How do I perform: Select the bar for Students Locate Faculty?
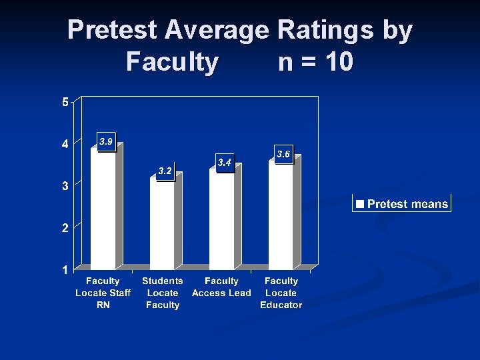click(162, 223)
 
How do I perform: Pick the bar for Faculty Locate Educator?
click(281, 214)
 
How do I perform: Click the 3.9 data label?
click(106, 142)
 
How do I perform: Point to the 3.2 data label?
click(165, 172)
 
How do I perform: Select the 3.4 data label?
click(225, 163)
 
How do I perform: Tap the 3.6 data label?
click(283, 155)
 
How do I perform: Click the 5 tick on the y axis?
click(65, 102)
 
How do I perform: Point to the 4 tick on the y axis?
click(65, 144)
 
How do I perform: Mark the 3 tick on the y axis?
click(65, 186)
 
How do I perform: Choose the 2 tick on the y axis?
click(65, 228)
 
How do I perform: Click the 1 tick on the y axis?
click(65, 270)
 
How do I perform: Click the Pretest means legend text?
click(407, 204)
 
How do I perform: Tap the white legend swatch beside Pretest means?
click(360, 204)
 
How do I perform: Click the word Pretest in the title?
click(111, 30)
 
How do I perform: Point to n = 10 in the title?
click(315, 62)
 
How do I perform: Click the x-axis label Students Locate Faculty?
click(163, 293)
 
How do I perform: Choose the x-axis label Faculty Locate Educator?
click(281, 293)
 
